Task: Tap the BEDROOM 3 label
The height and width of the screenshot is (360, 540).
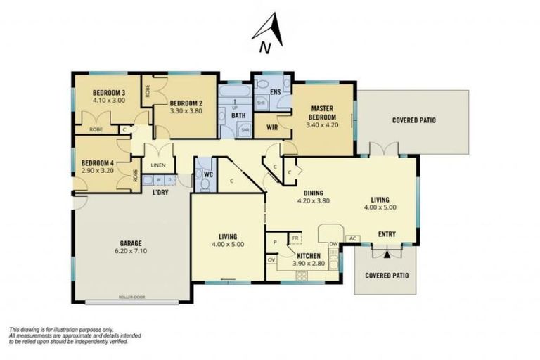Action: click(x=109, y=93)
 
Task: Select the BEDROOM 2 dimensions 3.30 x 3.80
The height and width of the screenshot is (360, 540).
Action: click(x=186, y=110)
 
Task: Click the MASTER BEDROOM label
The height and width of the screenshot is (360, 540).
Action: click(x=322, y=112)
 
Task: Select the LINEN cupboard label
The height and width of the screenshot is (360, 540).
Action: click(x=158, y=166)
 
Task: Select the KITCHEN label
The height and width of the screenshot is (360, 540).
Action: click(x=309, y=255)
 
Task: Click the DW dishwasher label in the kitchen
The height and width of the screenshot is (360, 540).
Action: click(x=333, y=243)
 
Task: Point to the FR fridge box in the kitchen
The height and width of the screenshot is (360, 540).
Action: click(x=296, y=239)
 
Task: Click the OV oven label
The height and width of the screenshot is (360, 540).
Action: click(x=271, y=259)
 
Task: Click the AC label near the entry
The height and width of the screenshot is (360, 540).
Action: click(x=353, y=238)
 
